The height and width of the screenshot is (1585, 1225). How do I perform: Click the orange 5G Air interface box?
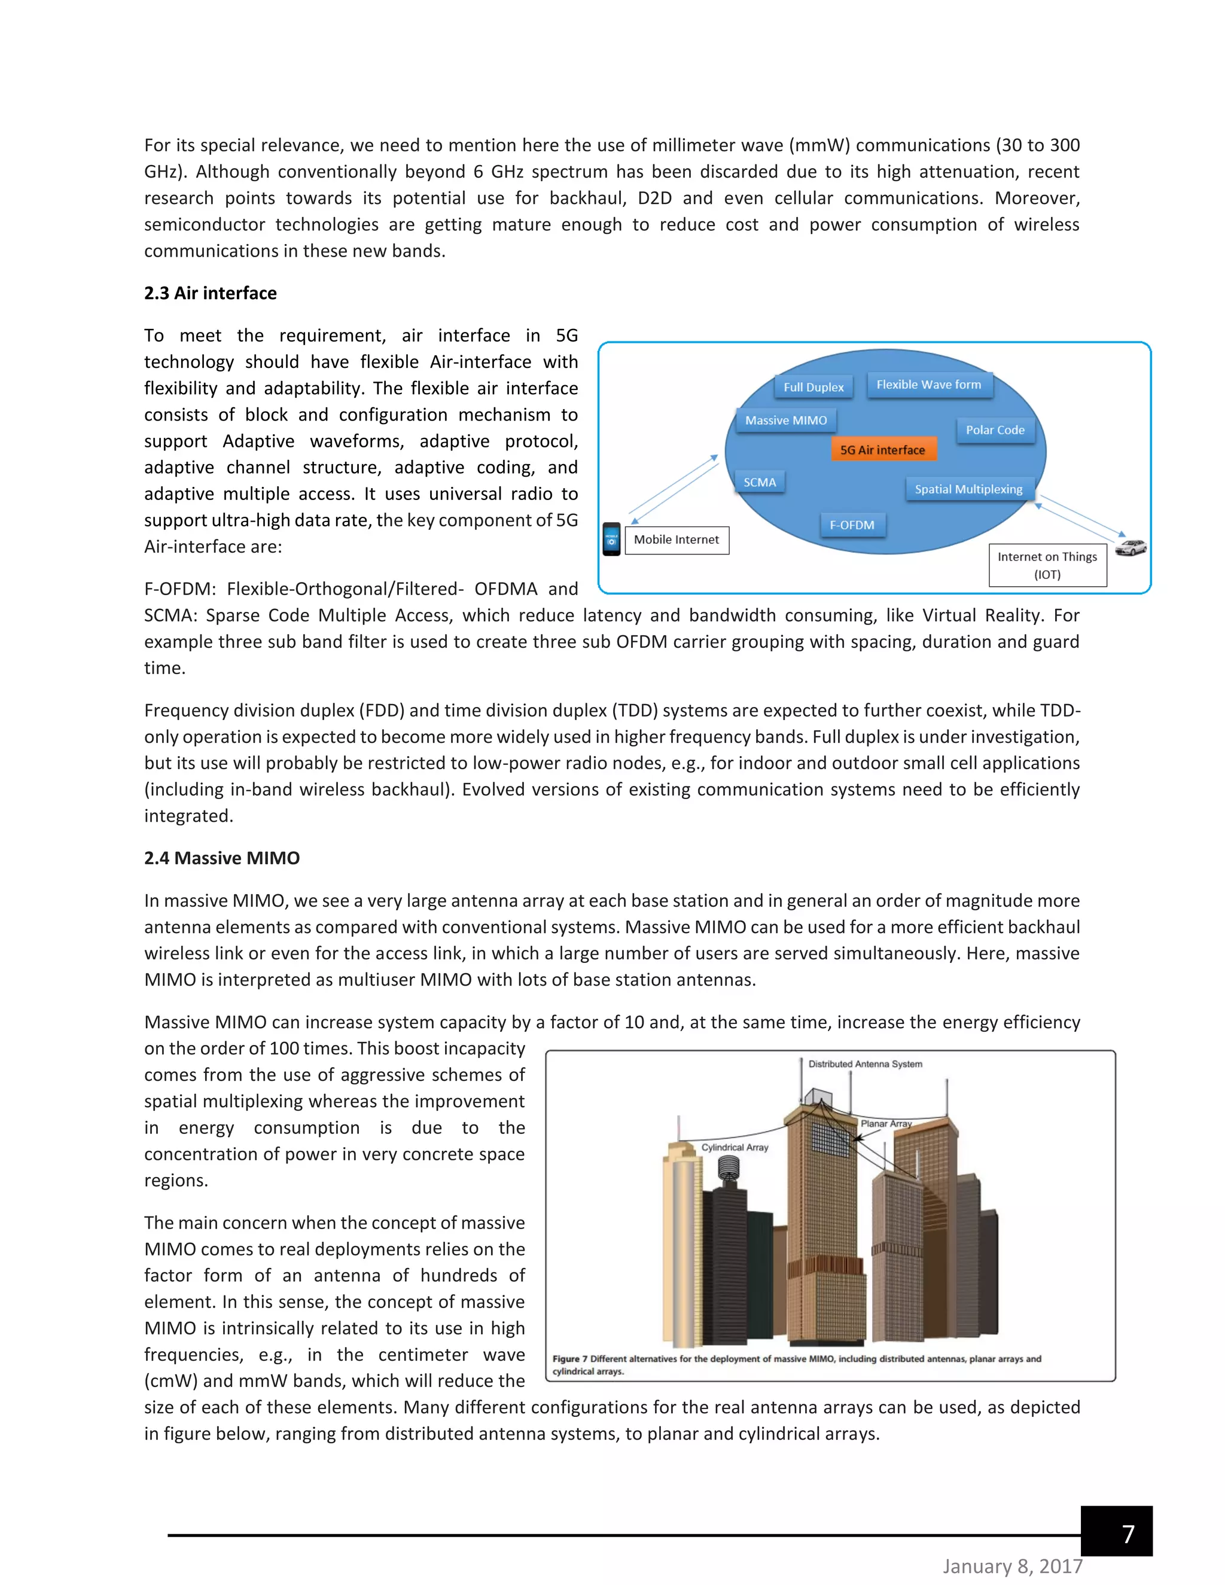[882, 449]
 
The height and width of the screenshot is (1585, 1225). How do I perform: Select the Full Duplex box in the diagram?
[813, 387]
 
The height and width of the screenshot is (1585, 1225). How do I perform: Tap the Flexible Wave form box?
[928, 385]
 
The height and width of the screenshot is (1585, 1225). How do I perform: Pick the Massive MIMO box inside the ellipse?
[786, 420]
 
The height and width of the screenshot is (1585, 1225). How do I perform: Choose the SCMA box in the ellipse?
[760, 482]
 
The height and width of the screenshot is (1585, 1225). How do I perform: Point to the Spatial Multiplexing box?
[968, 489]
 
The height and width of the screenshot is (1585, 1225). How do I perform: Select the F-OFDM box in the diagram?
[852, 525]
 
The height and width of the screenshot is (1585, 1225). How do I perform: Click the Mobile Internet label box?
[677, 540]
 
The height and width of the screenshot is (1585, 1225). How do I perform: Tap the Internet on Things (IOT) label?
[1047, 565]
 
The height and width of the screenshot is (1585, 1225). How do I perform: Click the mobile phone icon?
[612, 539]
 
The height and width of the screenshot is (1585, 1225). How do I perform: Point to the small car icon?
[1130, 547]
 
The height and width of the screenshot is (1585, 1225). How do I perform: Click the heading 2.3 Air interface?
[211, 293]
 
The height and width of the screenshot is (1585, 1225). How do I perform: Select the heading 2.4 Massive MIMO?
[222, 858]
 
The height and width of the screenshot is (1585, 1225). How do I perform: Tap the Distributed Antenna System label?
[865, 1064]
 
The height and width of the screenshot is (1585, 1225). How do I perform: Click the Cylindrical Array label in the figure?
[735, 1147]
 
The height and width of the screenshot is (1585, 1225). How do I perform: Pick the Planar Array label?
[886, 1123]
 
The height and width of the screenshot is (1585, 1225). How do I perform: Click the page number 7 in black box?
[1127, 1534]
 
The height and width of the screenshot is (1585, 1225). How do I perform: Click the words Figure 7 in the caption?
[569, 1358]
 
